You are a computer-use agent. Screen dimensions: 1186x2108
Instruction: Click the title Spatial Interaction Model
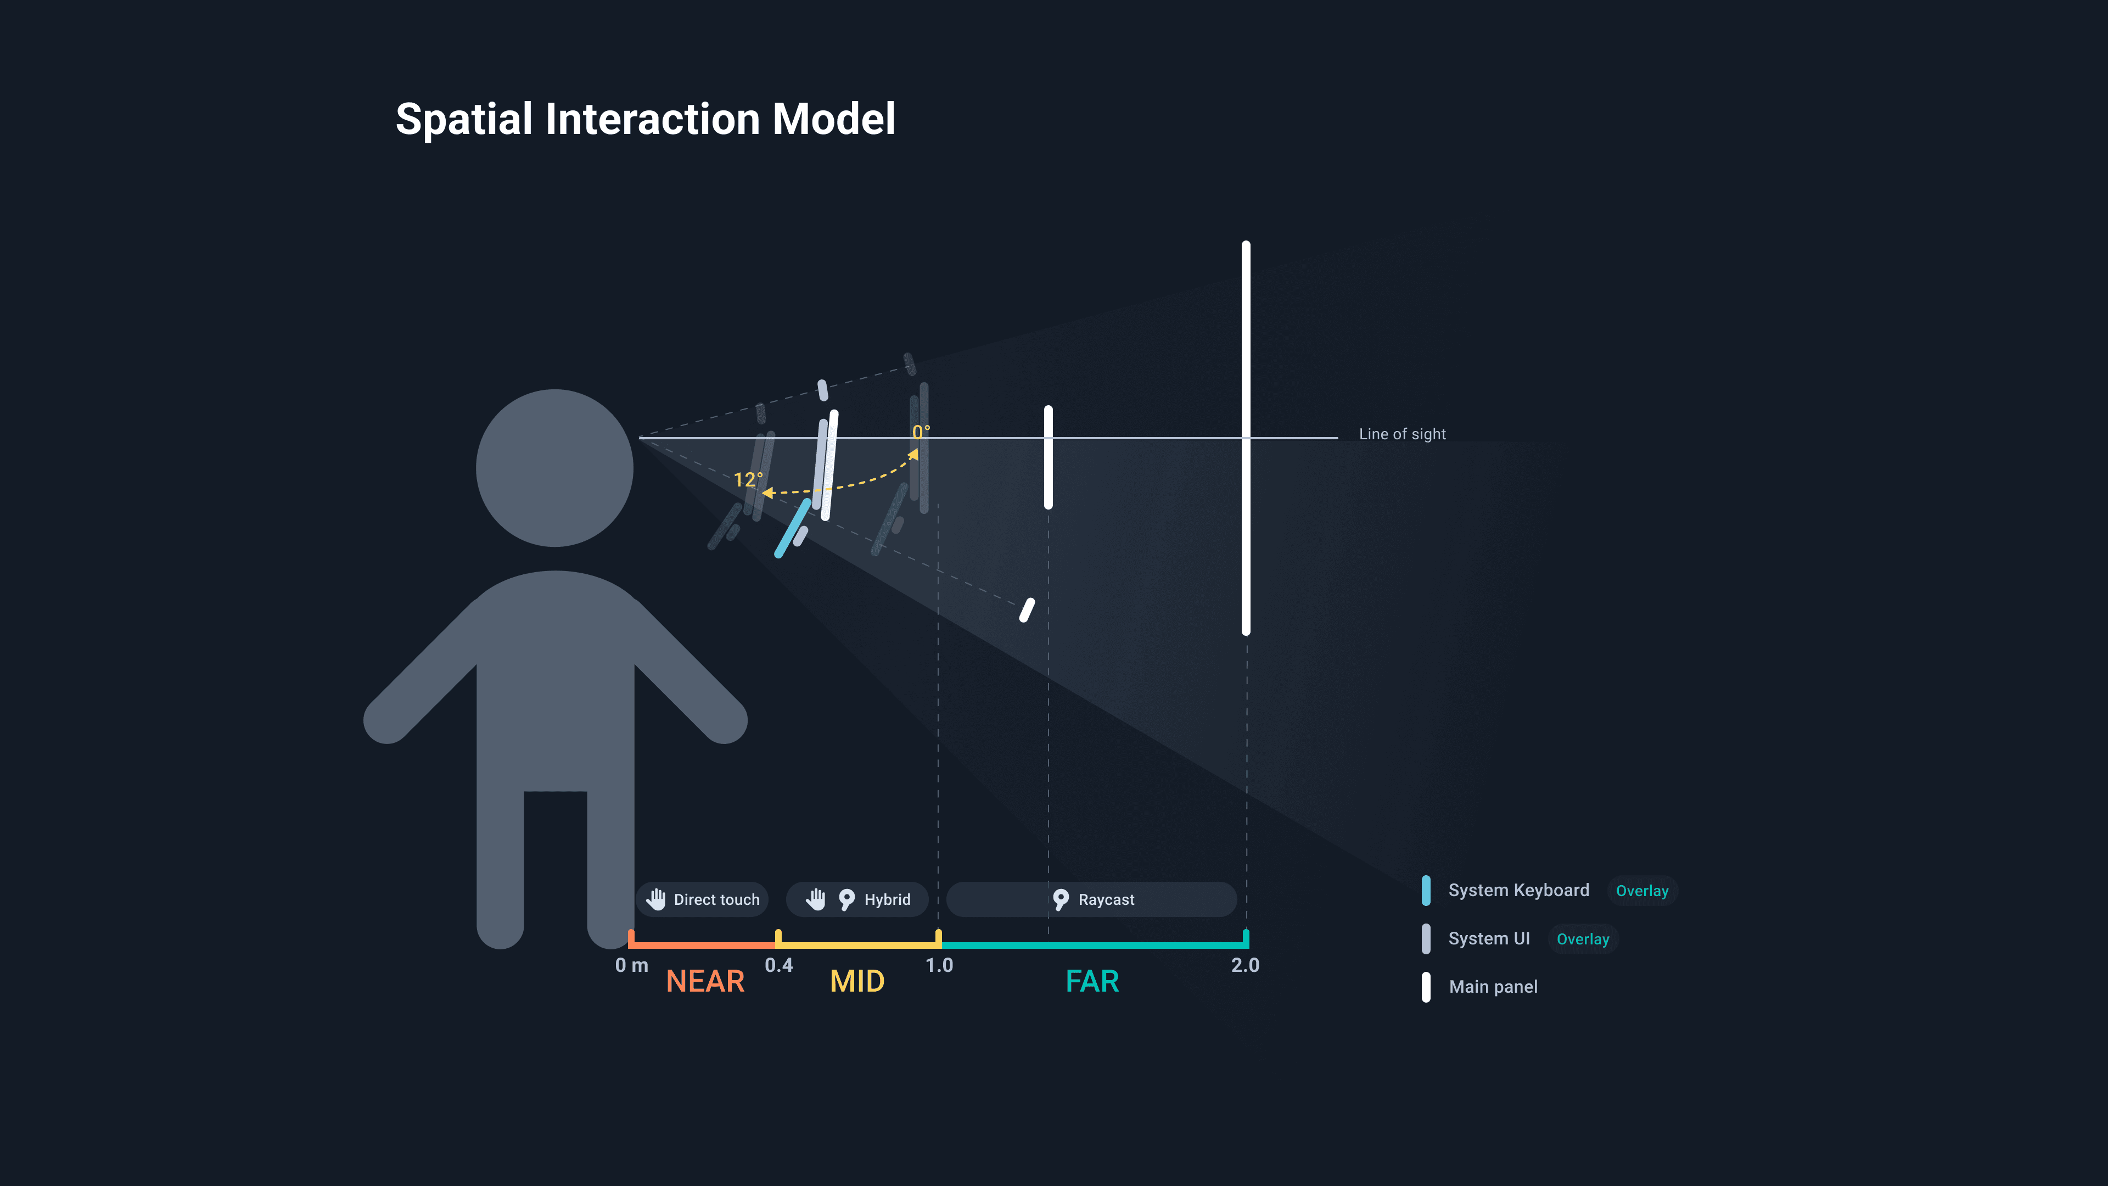(645, 120)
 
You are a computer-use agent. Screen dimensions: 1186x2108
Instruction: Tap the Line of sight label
(1402, 435)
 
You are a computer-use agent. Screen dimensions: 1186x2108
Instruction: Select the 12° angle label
(747, 480)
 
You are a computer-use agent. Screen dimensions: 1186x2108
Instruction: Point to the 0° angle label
(921, 432)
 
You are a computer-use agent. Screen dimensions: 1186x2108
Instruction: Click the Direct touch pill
(702, 899)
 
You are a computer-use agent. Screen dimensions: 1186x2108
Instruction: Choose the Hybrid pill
(857, 899)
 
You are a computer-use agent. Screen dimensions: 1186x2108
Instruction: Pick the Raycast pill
(1092, 899)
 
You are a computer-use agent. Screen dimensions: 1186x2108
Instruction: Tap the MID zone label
(857, 981)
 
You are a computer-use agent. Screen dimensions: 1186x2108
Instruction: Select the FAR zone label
(1092, 981)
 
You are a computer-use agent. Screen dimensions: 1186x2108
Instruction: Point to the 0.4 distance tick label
(778, 965)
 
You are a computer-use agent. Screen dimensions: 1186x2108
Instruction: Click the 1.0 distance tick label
(939, 965)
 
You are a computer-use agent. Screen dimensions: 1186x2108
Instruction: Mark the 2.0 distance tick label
(1244, 965)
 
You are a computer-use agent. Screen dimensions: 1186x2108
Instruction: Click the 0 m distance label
(631, 965)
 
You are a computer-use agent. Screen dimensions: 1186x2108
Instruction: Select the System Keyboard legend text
(1518, 891)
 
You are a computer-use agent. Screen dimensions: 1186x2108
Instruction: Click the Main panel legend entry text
(1493, 987)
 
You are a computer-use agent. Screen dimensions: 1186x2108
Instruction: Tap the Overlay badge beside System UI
(1582, 939)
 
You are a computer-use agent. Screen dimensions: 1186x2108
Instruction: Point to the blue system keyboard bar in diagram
(792, 529)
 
